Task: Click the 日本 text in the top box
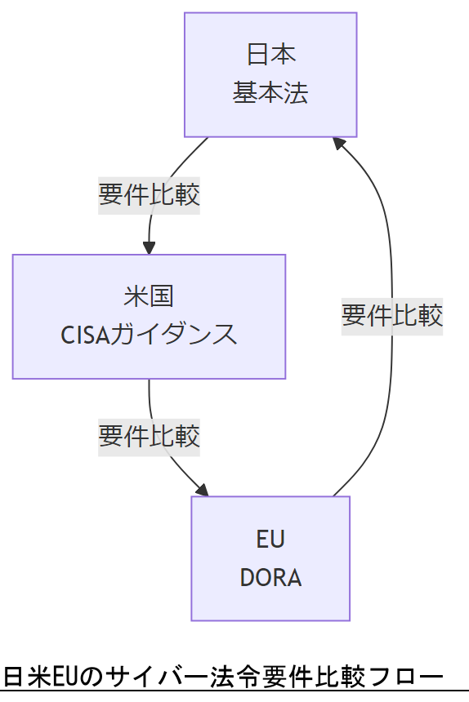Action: point(270,54)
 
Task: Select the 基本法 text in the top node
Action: point(270,93)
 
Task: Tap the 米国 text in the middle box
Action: point(149,295)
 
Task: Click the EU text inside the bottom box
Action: point(270,539)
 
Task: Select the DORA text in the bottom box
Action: point(270,578)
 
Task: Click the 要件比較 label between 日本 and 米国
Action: point(149,195)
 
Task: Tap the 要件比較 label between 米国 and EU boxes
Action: point(149,436)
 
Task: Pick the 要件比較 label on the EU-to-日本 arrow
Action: point(392,315)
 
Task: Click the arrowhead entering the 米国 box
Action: point(149,248)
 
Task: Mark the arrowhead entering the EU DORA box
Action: point(203,490)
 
